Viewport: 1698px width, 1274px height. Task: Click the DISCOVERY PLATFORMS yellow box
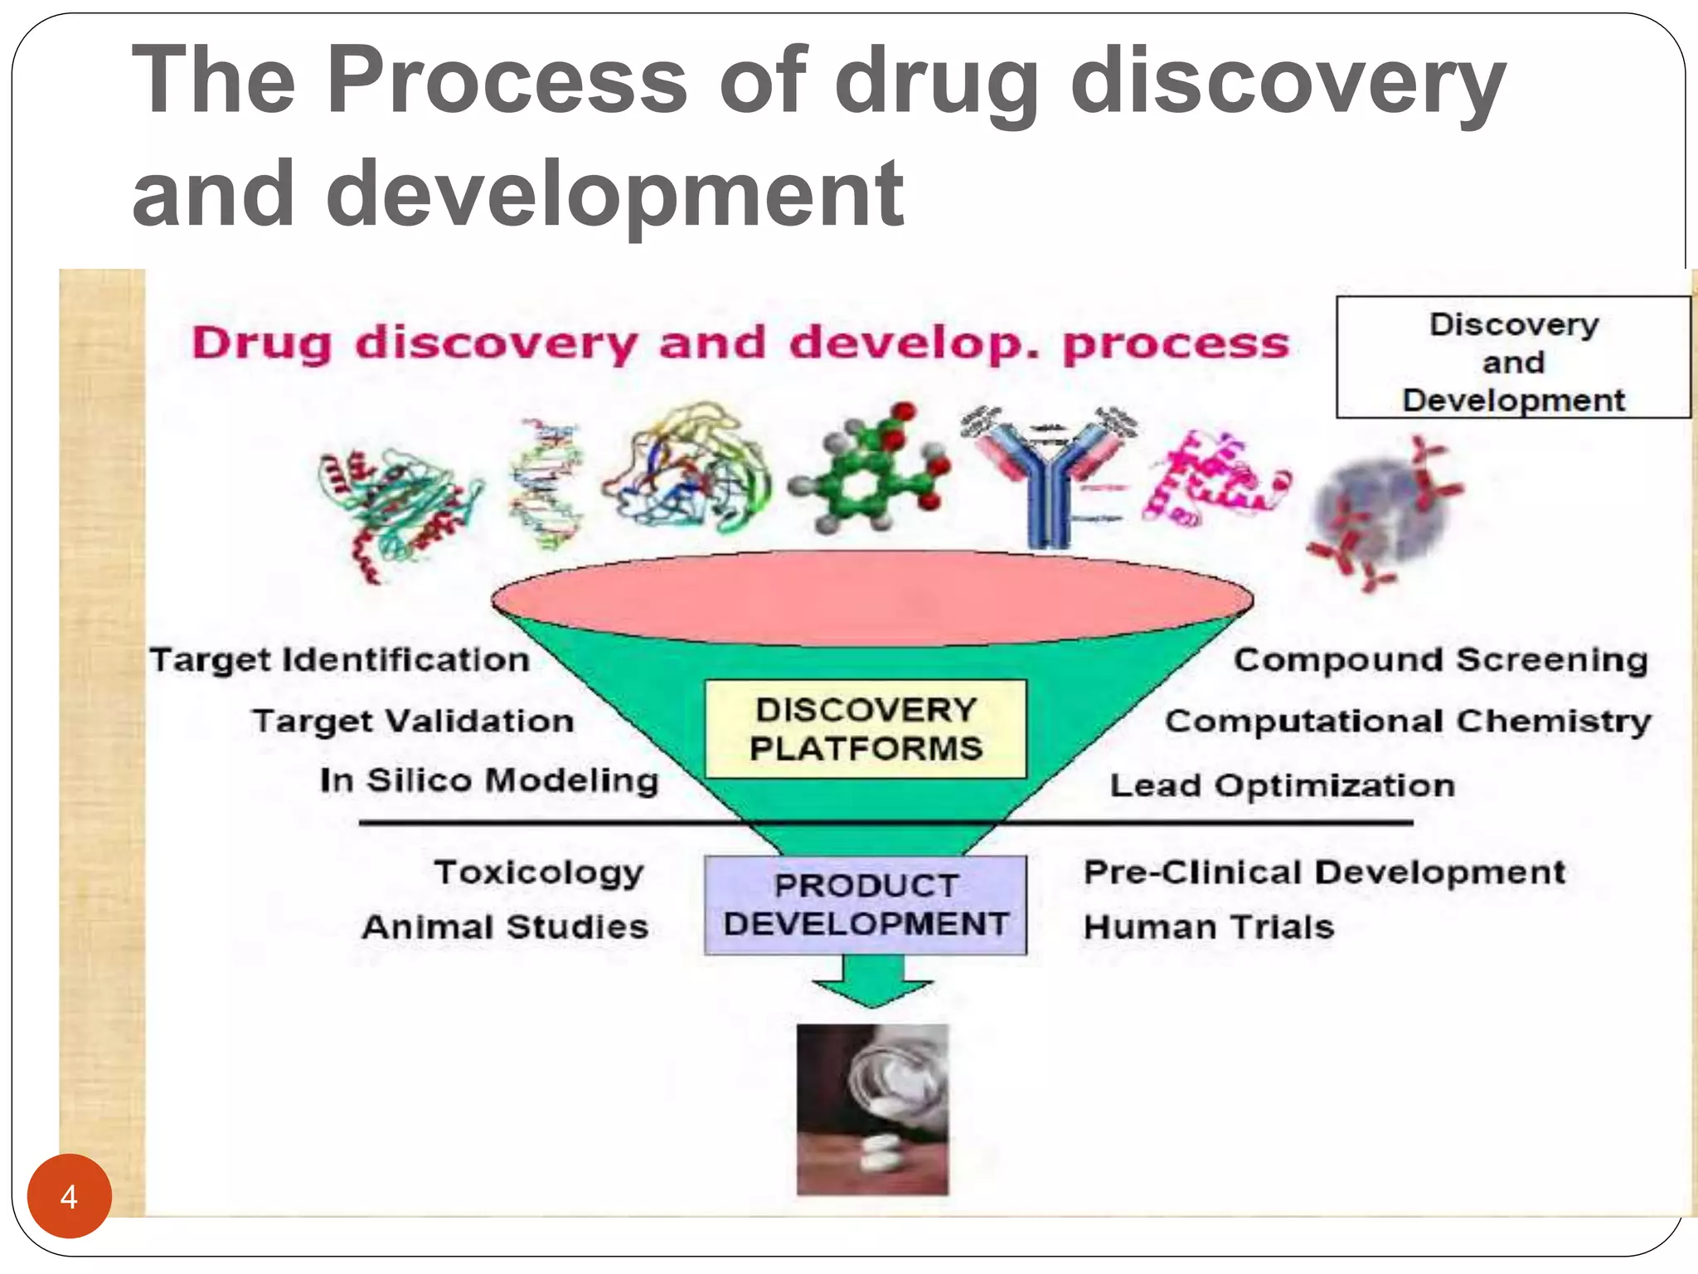tap(866, 729)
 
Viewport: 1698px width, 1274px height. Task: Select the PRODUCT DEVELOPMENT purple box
tap(866, 905)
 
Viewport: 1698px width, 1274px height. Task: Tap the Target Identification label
tap(340, 661)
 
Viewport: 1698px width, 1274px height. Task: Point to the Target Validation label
tap(414, 722)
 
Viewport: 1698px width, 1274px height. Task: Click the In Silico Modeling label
tap(489, 781)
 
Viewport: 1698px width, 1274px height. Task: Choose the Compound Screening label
tap(1440, 660)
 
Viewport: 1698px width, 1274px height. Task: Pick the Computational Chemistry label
tap(1408, 722)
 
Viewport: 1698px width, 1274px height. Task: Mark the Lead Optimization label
tap(1283, 785)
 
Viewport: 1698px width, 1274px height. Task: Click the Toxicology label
tap(539, 873)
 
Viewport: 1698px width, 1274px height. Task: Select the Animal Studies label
tap(505, 927)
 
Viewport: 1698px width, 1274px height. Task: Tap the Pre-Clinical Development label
tap(1325, 873)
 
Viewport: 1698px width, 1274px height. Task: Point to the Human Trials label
tap(1209, 927)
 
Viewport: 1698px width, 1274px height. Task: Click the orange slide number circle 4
tap(70, 1196)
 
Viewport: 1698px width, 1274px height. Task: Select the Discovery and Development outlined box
tap(1513, 357)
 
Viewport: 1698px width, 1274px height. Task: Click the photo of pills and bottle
tap(872, 1110)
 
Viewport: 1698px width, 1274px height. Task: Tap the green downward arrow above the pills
tap(873, 982)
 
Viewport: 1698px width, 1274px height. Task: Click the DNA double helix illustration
tap(546, 485)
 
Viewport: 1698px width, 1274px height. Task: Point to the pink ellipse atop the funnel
tap(872, 597)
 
